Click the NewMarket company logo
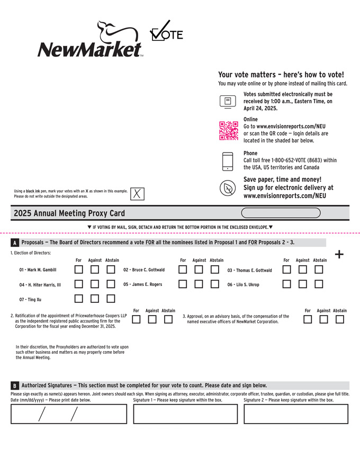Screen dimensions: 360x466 point(90,39)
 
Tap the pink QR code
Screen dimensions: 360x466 point(228,130)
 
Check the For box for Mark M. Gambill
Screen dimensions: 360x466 point(79,270)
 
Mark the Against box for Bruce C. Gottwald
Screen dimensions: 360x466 point(199,270)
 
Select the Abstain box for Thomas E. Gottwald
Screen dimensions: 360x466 point(319,270)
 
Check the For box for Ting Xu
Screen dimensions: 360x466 point(79,299)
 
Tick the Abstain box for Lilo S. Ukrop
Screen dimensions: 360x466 point(319,284)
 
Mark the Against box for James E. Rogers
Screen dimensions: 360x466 point(199,284)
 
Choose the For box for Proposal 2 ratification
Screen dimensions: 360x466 point(136,319)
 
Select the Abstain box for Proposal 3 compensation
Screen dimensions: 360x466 point(340,319)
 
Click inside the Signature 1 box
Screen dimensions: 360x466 point(185,414)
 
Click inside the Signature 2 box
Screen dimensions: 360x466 point(296,414)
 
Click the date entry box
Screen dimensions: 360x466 point(69,414)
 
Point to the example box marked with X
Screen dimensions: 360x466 point(137,194)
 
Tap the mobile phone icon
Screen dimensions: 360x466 point(228,162)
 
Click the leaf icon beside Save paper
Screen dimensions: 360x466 point(228,188)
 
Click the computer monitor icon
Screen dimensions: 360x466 point(228,102)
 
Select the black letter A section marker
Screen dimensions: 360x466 point(14,243)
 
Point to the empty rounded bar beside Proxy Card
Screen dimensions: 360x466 point(281,213)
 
